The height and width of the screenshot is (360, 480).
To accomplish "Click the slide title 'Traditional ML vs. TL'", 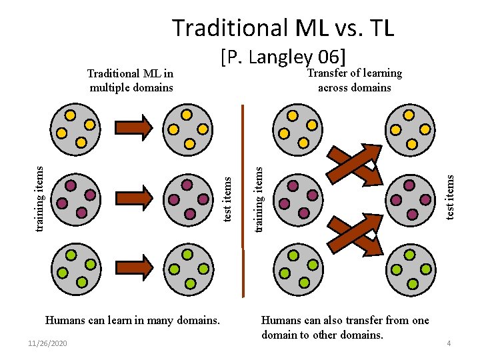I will [283, 28].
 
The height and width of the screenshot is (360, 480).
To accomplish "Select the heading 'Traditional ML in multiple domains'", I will [131, 80].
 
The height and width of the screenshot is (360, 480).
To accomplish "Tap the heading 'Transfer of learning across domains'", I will [354, 80].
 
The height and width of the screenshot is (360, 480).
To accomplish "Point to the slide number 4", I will [449, 343].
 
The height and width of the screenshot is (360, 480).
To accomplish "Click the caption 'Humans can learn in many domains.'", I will [132, 320].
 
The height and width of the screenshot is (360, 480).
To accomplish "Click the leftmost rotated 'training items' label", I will [41, 198].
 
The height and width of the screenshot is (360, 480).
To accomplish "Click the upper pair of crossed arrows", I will [353, 165].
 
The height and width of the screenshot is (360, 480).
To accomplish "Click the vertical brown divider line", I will [243, 200].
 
